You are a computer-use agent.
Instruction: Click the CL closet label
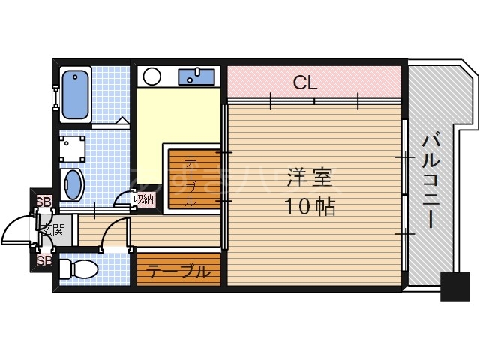pyautogui.click(x=305, y=82)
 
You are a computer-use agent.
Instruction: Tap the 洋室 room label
pyautogui.click(x=307, y=179)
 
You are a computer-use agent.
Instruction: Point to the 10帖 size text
pyautogui.click(x=309, y=207)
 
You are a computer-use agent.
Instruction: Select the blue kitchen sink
pyautogui.click(x=196, y=76)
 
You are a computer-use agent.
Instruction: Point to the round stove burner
pyautogui.click(x=152, y=76)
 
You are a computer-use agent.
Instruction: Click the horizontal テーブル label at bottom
pyautogui.click(x=178, y=271)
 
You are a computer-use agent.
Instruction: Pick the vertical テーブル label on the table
pyautogui.click(x=190, y=180)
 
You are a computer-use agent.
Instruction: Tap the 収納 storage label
pyautogui.click(x=143, y=199)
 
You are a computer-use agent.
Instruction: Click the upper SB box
pyautogui.click(x=44, y=201)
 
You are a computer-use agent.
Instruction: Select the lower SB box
pyautogui.click(x=44, y=260)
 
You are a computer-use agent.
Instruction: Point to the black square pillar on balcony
pyautogui.click(x=454, y=285)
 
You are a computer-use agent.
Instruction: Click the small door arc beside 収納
pyautogui.click(x=122, y=201)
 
